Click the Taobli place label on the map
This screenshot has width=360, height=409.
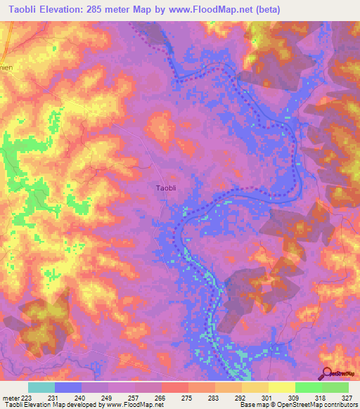[x=167, y=188]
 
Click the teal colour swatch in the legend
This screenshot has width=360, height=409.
[x=41, y=387]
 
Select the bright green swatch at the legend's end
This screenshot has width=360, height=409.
[x=335, y=387]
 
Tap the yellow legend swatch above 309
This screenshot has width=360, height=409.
[x=282, y=387]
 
